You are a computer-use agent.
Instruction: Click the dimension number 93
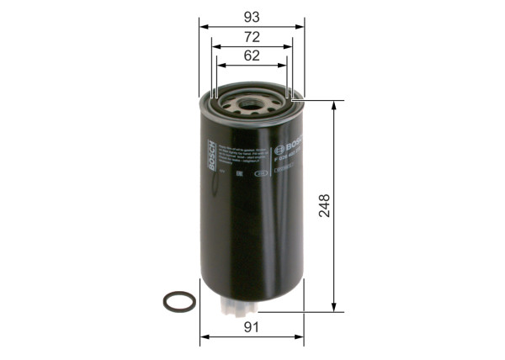252,17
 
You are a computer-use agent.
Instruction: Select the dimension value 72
252,36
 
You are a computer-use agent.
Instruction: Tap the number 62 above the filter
252,56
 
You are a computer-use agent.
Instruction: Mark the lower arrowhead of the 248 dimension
335,307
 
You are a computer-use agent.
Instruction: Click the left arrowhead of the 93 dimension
203,26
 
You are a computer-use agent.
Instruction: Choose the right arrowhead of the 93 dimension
300,26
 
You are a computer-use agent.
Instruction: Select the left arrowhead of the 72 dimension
215,45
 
